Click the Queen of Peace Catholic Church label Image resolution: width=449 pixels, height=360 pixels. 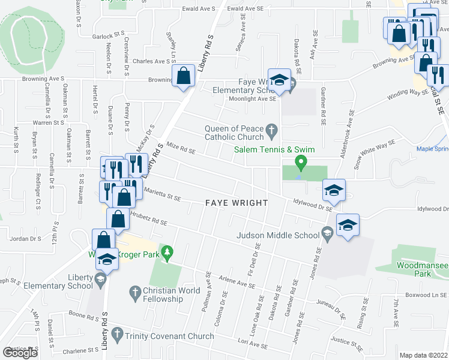click(233, 133)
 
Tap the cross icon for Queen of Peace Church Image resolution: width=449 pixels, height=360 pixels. click(271, 129)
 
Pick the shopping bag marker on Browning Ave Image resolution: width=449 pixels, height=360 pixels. click(184, 76)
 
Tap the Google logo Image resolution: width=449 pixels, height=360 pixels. click(20, 353)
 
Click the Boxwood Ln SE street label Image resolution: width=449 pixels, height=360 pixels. click(426, 295)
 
